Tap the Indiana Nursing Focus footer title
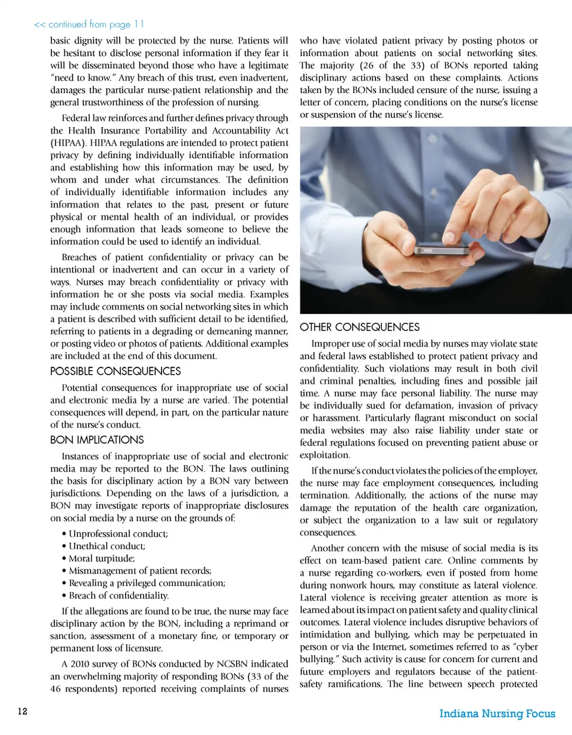[x=497, y=714]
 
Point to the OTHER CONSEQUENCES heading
[x=359, y=327]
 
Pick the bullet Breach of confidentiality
[x=119, y=595]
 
